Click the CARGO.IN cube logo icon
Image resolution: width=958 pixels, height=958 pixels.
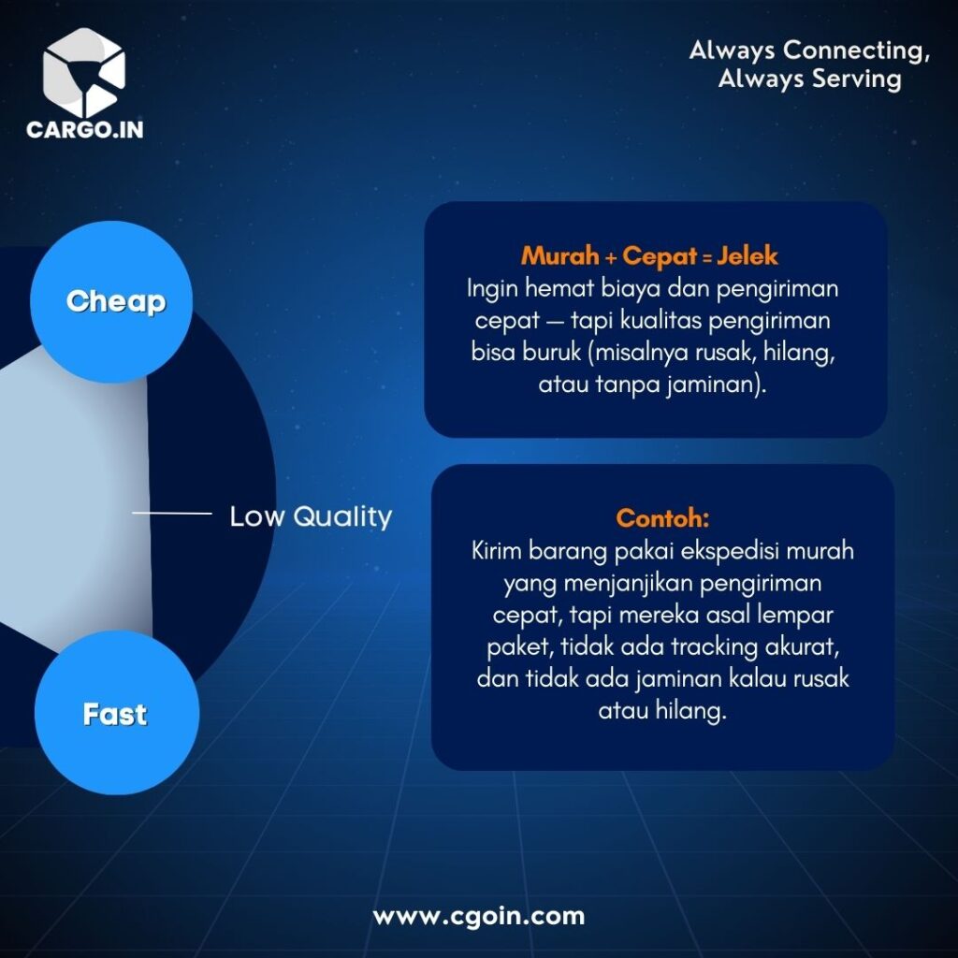(84, 72)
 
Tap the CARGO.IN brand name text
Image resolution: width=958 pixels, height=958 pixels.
(85, 129)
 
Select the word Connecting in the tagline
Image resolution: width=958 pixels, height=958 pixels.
(857, 51)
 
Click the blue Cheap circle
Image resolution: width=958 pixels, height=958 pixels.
(111, 302)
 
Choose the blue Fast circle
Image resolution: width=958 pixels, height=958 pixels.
(117, 712)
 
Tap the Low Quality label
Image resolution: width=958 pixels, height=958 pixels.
(311, 516)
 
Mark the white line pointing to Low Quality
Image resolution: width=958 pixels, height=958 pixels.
(172, 514)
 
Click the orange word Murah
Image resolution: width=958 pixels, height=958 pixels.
(559, 255)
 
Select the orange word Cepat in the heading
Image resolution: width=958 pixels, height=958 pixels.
(660, 256)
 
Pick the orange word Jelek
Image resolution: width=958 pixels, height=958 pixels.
(748, 255)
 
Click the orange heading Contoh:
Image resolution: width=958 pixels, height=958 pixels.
(663, 518)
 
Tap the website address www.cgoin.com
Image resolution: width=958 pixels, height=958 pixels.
(479, 916)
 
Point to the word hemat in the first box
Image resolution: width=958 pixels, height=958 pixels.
(559, 288)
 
